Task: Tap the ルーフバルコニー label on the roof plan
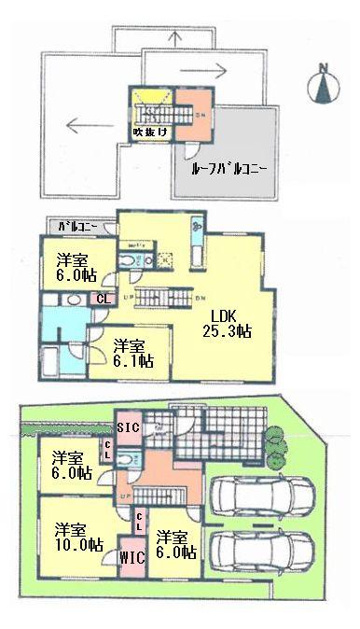pos(230,170)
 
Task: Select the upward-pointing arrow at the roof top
pos(176,39)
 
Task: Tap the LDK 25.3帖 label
pos(227,322)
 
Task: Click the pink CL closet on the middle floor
pos(101,300)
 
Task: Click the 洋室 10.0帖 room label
pos(76,536)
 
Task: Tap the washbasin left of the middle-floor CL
pos(73,301)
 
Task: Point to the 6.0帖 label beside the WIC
pos(175,544)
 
